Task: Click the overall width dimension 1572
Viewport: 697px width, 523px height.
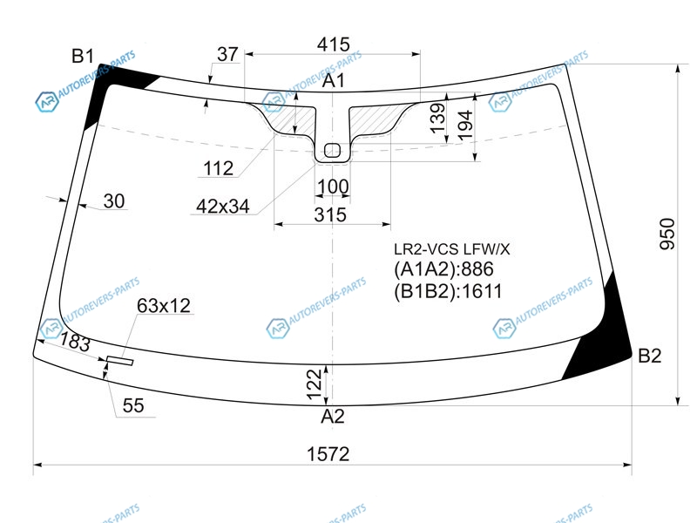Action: click(328, 454)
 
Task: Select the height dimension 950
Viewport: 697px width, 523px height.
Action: click(667, 234)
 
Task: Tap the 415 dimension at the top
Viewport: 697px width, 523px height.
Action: click(334, 44)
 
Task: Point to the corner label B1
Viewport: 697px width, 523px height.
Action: click(83, 56)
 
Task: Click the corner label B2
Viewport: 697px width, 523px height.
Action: click(649, 356)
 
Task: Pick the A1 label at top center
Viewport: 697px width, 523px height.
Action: click(334, 80)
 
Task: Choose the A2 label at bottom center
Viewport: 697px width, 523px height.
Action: click(333, 417)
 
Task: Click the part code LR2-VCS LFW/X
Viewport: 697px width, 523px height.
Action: click(451, 249)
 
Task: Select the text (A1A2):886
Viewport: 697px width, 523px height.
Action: click(443, 269)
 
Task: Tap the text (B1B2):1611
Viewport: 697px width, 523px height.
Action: click(448, 291)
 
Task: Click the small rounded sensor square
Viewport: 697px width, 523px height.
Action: click(332, 150)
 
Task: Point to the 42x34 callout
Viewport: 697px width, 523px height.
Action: click(223, 207)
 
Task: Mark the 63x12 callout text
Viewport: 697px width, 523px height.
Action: click(164, 306)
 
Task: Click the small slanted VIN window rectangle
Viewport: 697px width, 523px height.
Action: click(119, 361)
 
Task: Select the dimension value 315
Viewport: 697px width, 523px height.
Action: click(330, 214)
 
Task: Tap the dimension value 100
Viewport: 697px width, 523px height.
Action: click(333, 187)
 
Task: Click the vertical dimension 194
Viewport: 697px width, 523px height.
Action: click(464, 126)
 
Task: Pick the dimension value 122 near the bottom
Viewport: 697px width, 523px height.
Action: click(314, 384)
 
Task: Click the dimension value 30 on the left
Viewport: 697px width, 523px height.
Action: click(114, 201)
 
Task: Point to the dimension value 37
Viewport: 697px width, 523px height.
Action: click(227, 54)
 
